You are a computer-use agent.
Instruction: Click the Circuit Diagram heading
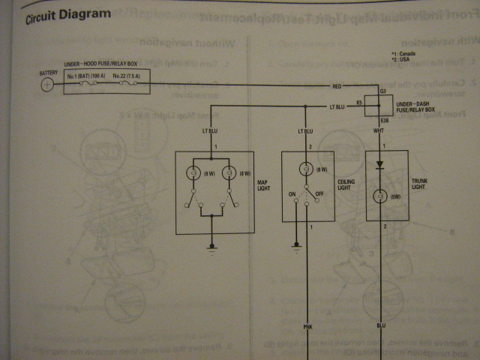pos(68,15)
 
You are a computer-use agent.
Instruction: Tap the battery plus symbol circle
pos(47,85)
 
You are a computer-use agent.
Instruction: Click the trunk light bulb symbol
pos(380,197)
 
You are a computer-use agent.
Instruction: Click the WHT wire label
pos(379,130)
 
